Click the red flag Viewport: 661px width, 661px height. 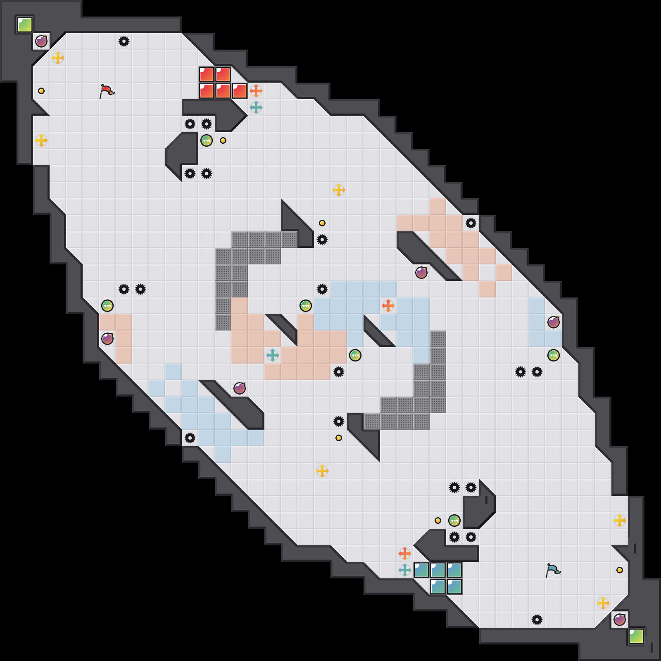click(x=107, y=91)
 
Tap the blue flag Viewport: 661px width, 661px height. click(x=553, y=570)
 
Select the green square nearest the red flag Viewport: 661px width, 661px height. click(x=25, y=25)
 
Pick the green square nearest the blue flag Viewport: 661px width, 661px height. click(x=636, y=636)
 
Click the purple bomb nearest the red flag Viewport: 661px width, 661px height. click(x=41, y=41)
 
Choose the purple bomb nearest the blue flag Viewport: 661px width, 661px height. click(x=620, y=620)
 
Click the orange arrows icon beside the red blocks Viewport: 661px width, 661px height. click(x=256, y=91)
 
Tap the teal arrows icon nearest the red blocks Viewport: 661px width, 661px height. click(x=256, y=107)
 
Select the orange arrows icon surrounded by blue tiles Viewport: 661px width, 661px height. click(x=388, y=306)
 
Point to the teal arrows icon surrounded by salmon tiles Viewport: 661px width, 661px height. click(x=273, y=355)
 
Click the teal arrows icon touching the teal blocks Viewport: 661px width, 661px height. click(x=405, y=570)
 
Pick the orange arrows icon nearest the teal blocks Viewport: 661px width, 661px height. click(x=405, y=554)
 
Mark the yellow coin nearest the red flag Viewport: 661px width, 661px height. click(x=41, y=91)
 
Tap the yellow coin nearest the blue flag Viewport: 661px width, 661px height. click(x=620, y=570)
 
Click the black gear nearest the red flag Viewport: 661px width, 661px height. click(x=124, y=41)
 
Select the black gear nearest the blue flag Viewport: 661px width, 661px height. click(x=537, y=620)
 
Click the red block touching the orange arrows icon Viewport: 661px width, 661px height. click(x=240, y=91)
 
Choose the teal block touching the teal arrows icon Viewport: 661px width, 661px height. click(x=421, y=570)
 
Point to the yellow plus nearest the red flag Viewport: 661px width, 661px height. click(x=58, y=58)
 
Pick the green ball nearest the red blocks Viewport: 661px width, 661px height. click(x=207, y=140)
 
